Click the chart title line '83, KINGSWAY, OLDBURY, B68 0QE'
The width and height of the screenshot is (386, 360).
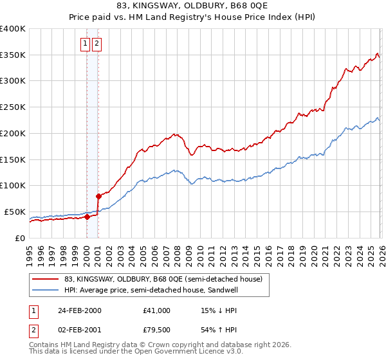(x=193, y=6)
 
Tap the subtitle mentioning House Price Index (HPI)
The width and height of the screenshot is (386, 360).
(x=193, y=17)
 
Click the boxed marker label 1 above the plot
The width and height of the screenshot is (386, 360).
(x=86, y=44)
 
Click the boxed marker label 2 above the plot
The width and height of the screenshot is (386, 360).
(x=96, y=44)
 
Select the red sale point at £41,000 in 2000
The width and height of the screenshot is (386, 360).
(x=87, y=217)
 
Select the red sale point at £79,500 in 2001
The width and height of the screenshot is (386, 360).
(x=98, y=196)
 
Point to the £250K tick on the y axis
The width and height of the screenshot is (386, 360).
(x=13, y=107)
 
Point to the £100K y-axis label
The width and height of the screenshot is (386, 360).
(x=13, y=186)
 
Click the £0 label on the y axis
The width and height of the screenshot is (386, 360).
(x=19, y=238)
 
